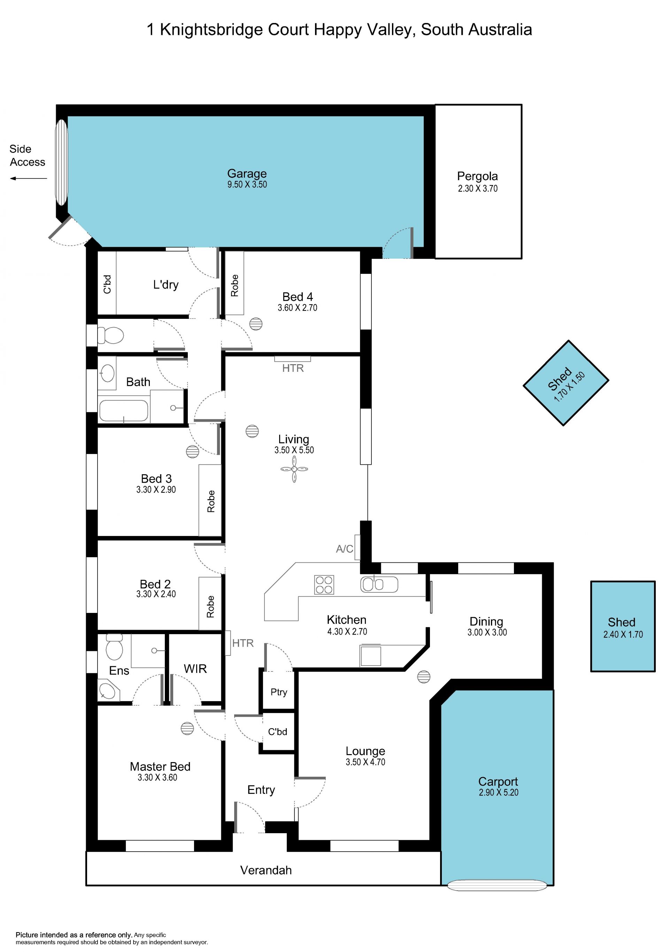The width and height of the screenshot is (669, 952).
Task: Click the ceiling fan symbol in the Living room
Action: tap(294, 469)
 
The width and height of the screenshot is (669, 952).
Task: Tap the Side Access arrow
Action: tap(28, 178)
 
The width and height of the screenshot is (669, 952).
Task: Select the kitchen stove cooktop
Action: tap(324, 585)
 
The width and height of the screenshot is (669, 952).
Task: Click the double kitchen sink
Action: tap(379, 584)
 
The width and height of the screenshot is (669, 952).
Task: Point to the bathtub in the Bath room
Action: tap(123, 411)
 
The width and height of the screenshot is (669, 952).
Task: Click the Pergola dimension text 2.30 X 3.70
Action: tap(477, 188)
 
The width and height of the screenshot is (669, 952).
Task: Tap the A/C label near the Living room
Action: tap(345, 549)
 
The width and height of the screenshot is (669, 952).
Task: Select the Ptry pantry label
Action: tap(279, 692)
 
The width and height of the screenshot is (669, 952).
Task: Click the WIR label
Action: tap(195, 668)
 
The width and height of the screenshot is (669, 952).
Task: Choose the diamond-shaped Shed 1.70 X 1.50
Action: tap(566, 383)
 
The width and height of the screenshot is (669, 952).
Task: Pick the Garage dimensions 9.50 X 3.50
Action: tap(247, 185)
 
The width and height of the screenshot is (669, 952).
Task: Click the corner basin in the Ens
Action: tap(108, 690)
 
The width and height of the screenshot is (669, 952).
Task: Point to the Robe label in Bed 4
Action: tap(234, 285)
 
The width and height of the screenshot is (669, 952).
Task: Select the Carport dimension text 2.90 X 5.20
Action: tap(499, 792)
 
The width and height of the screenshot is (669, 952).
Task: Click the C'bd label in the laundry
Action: tap(107, 284)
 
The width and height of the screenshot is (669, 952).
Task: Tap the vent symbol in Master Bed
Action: tap(187, 729)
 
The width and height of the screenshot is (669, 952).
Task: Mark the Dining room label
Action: tap(486, 622)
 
